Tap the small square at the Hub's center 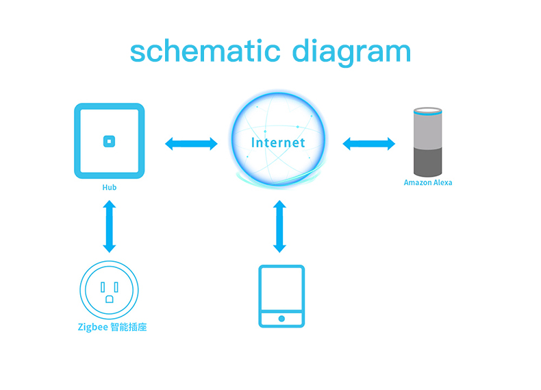click(109, 141)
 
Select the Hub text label click(110, 187)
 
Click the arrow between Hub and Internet click(191, 144)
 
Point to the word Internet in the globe click(278, 143)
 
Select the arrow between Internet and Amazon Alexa click(369, 144)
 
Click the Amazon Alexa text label click(428, 183)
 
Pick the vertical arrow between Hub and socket click(110, 226)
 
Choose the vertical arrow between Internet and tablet click(279, 226)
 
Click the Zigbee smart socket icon click(109, 289)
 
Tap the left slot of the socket click(103, 287)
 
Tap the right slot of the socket click(116, 287)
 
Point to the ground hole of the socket click(110, 299)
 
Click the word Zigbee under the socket click(92, 327)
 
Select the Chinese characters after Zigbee click(129, 327)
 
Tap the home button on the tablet click(281, 319)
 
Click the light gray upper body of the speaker click(428, 133)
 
